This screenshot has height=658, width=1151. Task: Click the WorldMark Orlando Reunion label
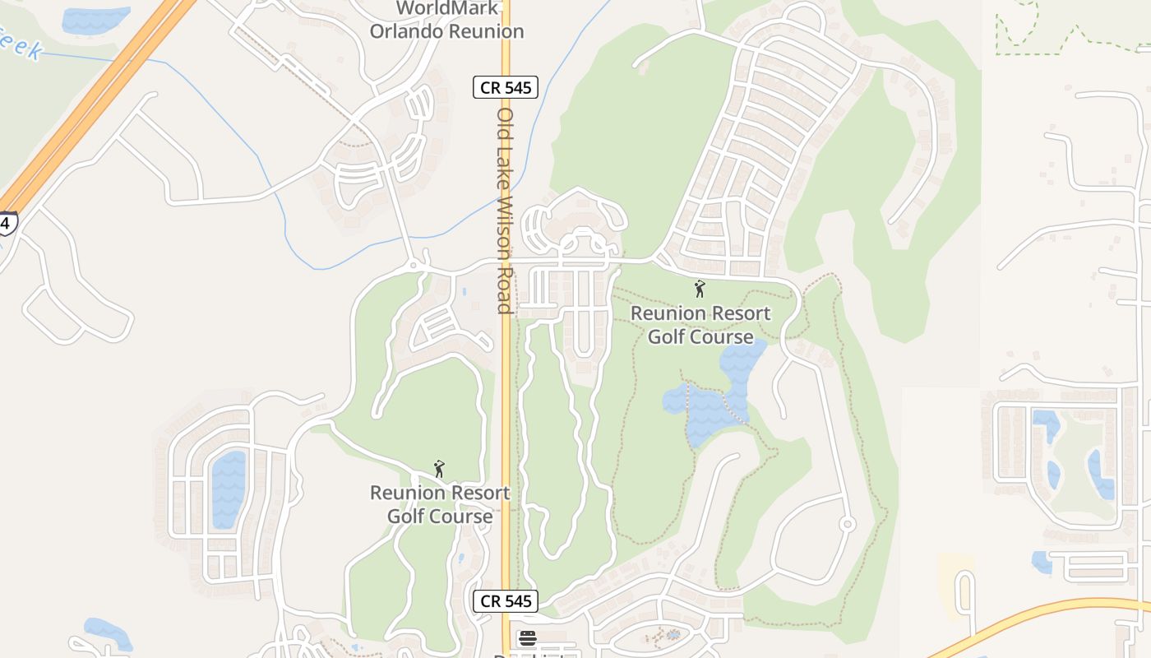[x=446, y=21]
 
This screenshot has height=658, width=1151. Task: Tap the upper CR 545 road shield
[x=505, y=87]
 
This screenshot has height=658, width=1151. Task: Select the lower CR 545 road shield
[x=505, y=601]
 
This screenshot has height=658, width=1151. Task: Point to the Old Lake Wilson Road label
[x=505, y=210]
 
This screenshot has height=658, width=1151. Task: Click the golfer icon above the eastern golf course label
[x=700, y=289]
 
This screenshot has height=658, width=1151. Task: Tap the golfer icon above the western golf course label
[x=439, y=469]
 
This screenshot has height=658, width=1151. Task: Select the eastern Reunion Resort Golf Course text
[x=700, y=325]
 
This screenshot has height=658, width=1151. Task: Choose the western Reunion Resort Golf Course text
[x=440, y=504]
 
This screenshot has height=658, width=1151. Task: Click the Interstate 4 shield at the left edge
[x=7, y=223]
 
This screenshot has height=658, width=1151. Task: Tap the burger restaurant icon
[x=527, y=637]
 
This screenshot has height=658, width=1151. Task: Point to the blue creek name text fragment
[x=21, y=45]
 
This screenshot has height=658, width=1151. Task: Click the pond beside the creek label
[x=95, y=19]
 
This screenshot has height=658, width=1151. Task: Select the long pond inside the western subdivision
[x=229, y=489]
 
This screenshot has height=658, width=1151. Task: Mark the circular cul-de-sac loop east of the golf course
[x=847, y=524]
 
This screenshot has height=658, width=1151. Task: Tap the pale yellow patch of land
[x=955, y=584]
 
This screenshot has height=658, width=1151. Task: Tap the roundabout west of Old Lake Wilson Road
[x=413, y=266]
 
